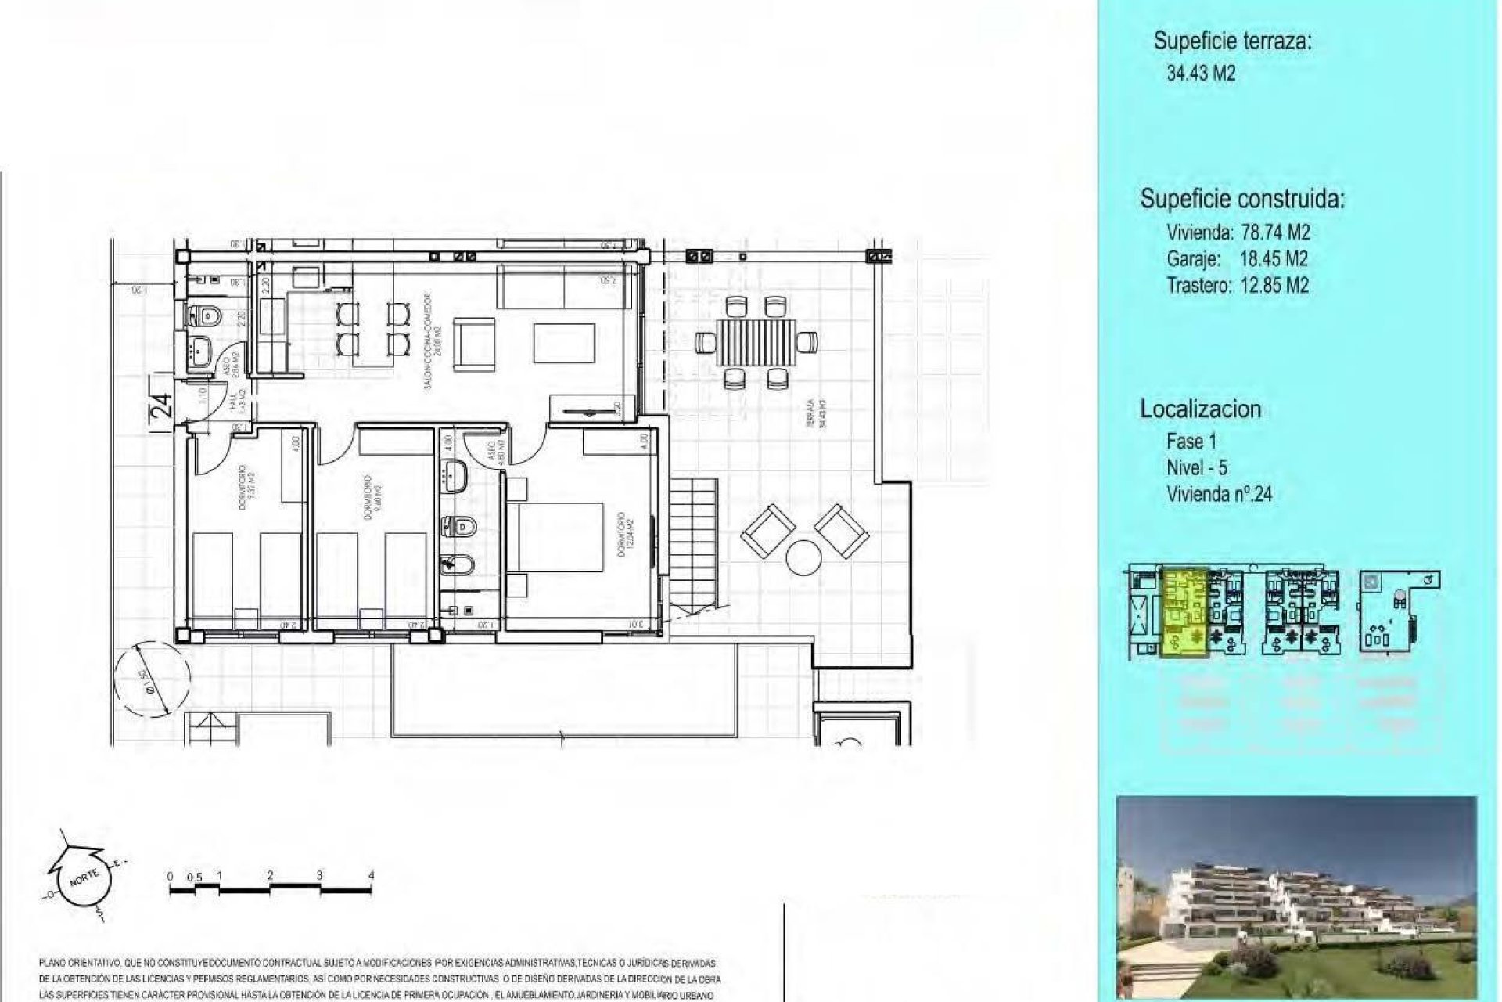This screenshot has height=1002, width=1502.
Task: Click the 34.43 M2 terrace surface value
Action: pos(1201,74)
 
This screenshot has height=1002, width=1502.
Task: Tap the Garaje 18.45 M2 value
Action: pos(1273,259)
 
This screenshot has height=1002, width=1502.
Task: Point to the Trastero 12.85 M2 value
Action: pos(1274,286)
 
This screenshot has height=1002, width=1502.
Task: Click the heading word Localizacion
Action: pos(1200,409)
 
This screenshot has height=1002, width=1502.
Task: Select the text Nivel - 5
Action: pos(1196,467)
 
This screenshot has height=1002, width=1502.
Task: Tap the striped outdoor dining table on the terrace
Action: pos(757,342)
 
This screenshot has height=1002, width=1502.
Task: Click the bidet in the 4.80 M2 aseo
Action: pos(451,563)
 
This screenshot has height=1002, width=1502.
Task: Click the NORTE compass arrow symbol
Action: pos(81,881)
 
